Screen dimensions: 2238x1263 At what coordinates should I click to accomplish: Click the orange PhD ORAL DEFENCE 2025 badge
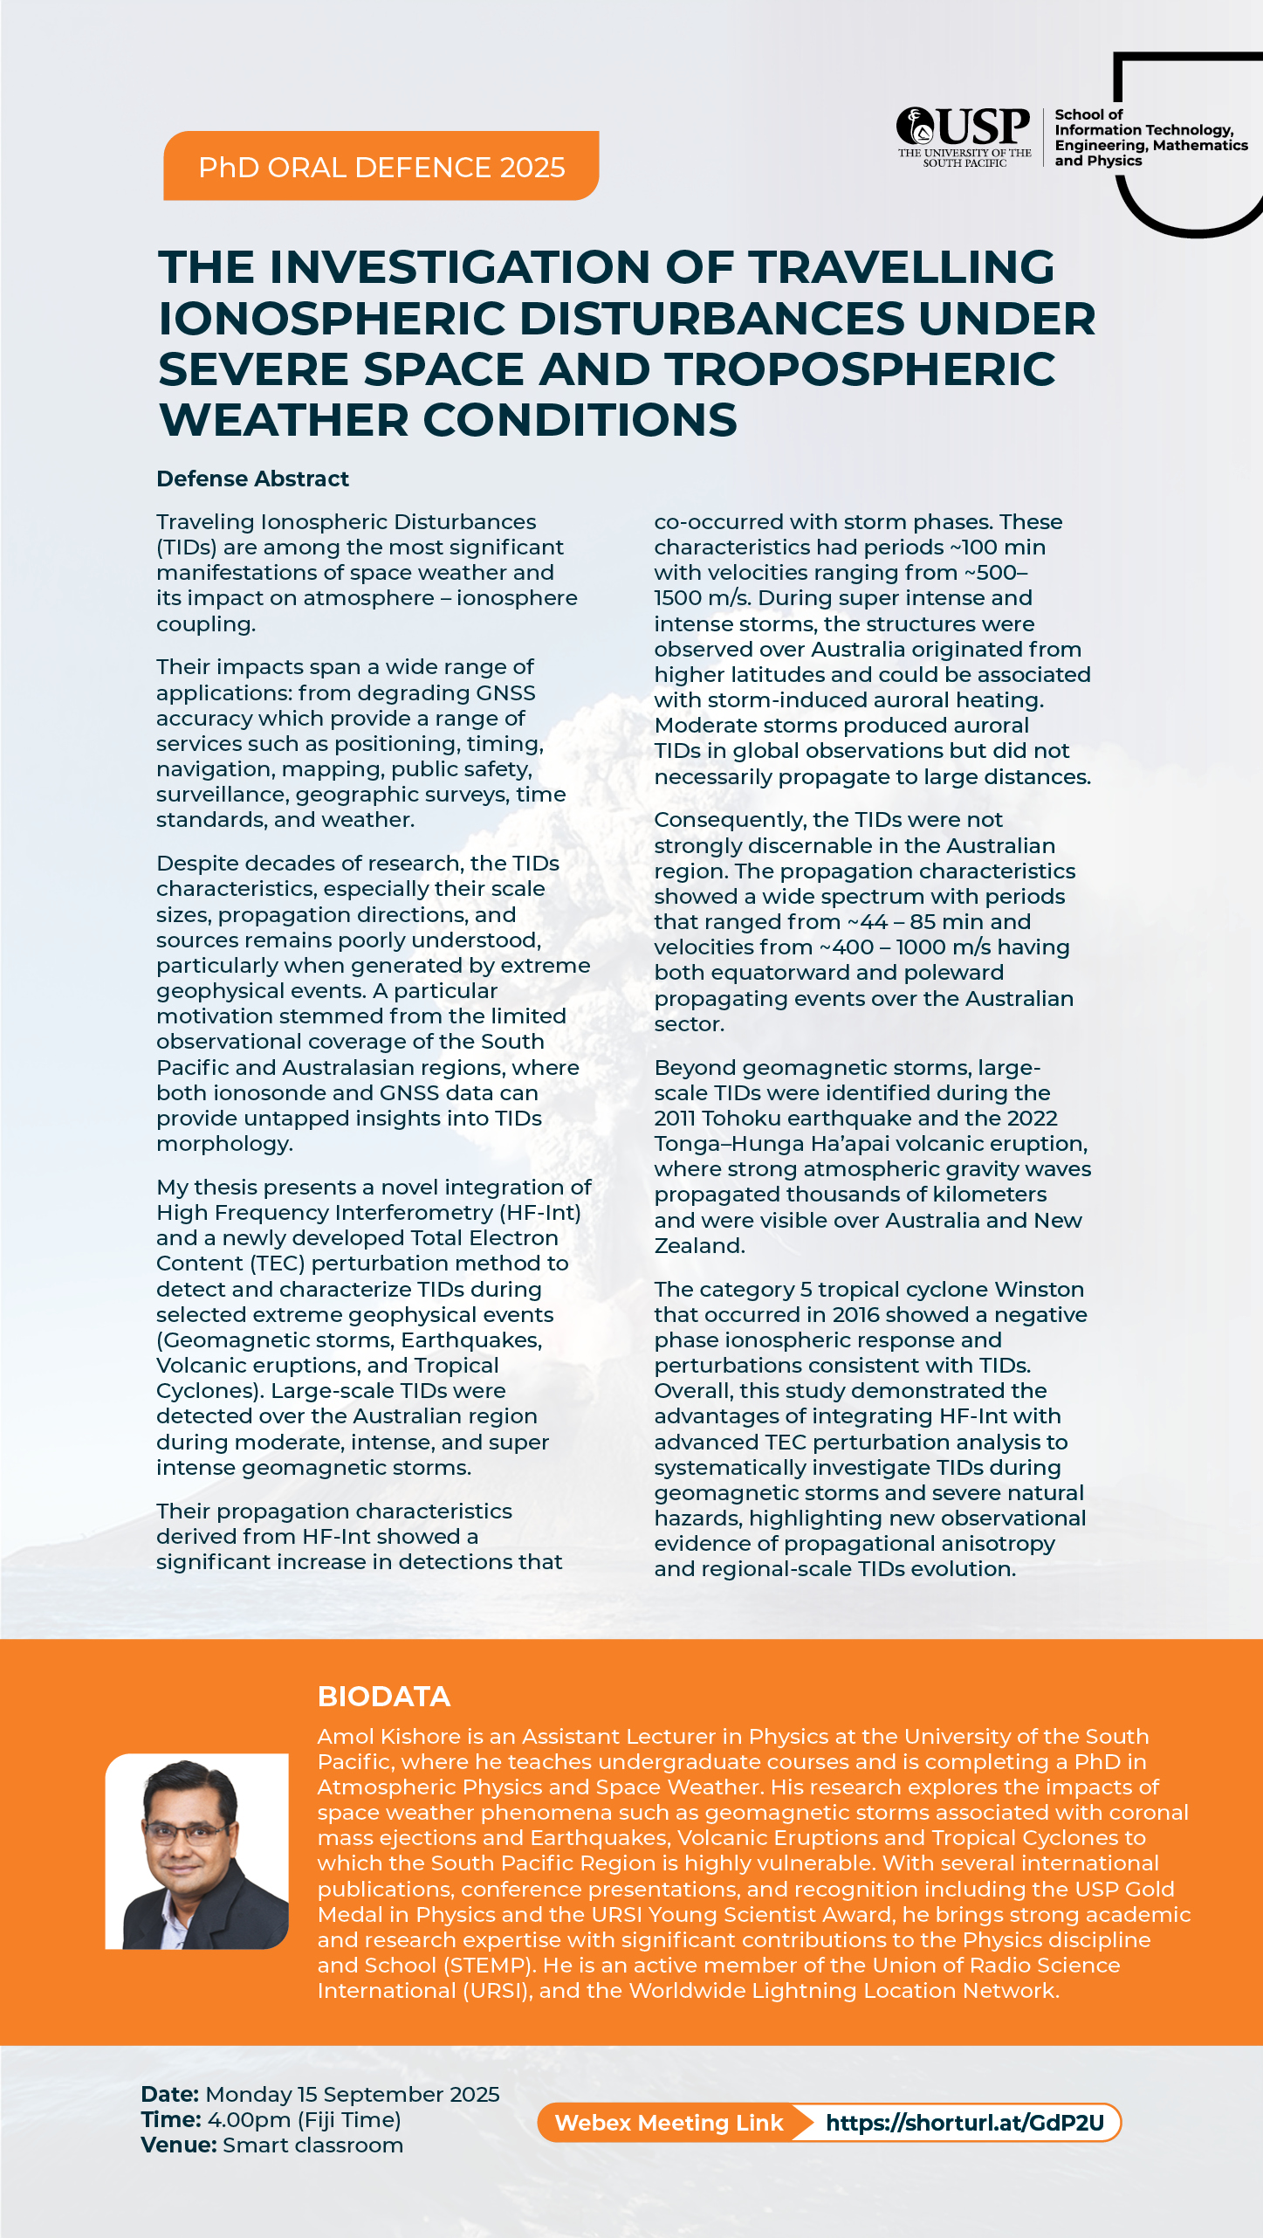[381, 167]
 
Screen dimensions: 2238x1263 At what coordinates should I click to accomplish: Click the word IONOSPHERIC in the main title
[332, 318]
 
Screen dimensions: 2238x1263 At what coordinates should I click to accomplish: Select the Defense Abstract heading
[252, 479]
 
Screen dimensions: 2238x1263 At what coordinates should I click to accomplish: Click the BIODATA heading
[384, 1696]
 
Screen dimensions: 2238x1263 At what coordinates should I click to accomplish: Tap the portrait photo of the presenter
[197, 1850]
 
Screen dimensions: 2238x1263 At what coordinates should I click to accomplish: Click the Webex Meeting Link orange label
[669, 2123]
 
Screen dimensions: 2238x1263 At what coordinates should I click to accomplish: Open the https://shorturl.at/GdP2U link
[964, 2123]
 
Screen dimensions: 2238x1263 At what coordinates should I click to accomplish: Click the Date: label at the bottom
[170, 2094]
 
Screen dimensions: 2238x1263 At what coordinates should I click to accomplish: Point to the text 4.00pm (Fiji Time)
[304, 2119]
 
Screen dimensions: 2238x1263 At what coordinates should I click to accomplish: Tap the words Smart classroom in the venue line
[312, 2145]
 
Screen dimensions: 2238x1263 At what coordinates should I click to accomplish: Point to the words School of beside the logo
[1088, 114]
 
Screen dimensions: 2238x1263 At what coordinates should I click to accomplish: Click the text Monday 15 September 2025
[353, 2094]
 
